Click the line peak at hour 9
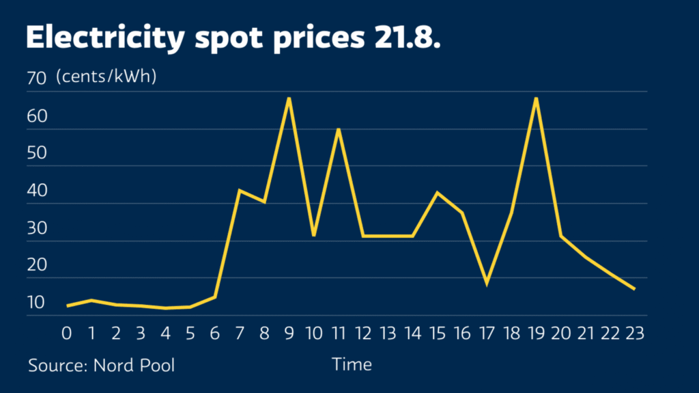(x=289, y=98)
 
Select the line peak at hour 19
(x=536, y=98)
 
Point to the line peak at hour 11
(x=338, y=129)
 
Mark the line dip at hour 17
(x=487, y=283)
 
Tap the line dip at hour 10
(x=313, y=235)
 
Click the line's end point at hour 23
(x=634, y=289)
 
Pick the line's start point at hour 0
(x=67, y=306)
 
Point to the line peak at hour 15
(x=437, y=193)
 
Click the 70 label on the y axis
(x=35, y=78)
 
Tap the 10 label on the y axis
(x=35, y=302)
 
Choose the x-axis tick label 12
(x=363, y=334)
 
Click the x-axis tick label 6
(x=215, y=334)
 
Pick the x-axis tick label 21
(x=585, y=334)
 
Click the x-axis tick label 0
(x=67, y=334)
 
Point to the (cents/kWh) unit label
(x=106, y=77)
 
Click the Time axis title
(x=352, y=364)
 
